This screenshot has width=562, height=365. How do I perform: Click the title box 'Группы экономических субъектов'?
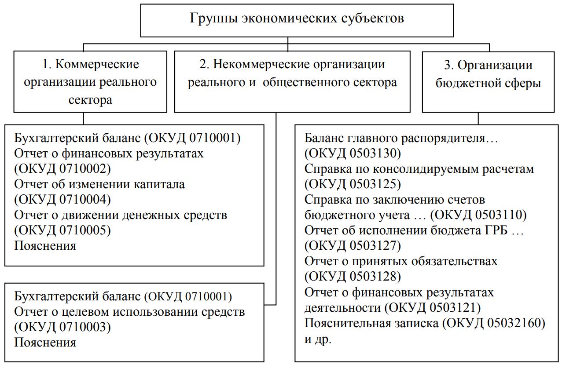coord(297,20)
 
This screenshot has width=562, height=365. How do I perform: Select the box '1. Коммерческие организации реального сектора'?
coord(90,82)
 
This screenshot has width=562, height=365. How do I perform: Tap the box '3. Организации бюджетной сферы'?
coord(488,82)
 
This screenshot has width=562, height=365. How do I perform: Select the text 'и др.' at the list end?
coord(317,339)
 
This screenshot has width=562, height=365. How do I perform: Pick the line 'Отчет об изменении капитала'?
coord(99,184)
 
